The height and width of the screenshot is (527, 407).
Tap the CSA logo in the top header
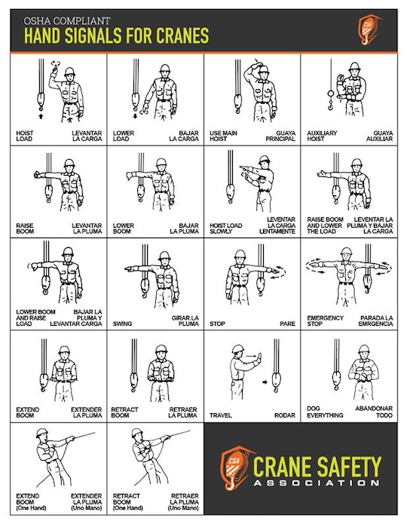point(369,29)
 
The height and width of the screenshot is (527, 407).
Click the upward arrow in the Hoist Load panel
point(41,116)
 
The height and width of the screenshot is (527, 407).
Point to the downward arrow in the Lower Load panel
point(136,116)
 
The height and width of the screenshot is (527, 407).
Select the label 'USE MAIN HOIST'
point(223,136)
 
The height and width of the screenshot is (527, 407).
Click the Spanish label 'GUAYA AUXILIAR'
point(379,136)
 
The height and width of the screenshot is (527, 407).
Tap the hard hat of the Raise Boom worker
point(69,164)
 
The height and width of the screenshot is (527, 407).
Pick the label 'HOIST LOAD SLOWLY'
point(226,228)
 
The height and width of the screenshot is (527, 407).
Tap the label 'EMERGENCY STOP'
point(325,320)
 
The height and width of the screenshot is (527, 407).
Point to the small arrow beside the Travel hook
point(265,381)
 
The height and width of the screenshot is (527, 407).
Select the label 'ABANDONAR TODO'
point(374,412)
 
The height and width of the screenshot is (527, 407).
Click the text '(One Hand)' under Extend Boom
point(31,508)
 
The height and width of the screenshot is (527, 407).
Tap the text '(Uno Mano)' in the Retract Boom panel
point(183,508)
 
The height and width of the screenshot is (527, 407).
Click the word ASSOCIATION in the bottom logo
point(317,483)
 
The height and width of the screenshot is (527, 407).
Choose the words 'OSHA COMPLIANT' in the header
point(67,21)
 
